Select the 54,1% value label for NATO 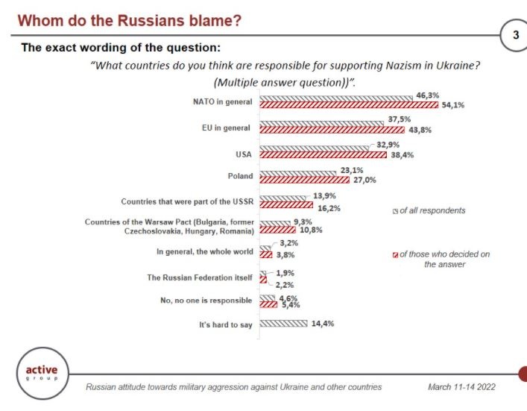pos(452,105)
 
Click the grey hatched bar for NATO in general pos(335,98)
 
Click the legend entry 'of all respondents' pos(432,210)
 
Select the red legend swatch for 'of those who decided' pos(396,254)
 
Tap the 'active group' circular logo pos(42,373)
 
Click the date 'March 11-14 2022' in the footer pos(461,387)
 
